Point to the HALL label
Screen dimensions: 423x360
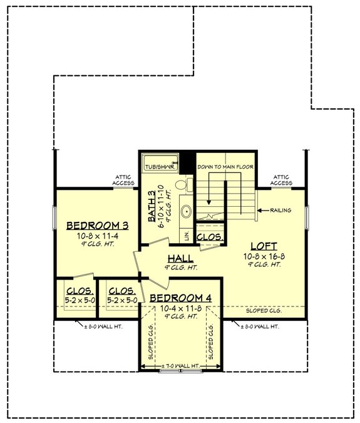coord(180,258)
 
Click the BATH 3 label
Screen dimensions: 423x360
coord(152,207)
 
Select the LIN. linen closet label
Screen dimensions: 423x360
coord(187,235)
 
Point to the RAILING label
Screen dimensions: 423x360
coord(280,211)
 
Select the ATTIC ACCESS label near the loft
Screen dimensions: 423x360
coord(282,180)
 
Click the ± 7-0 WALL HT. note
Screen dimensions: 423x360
coord(180,365)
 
